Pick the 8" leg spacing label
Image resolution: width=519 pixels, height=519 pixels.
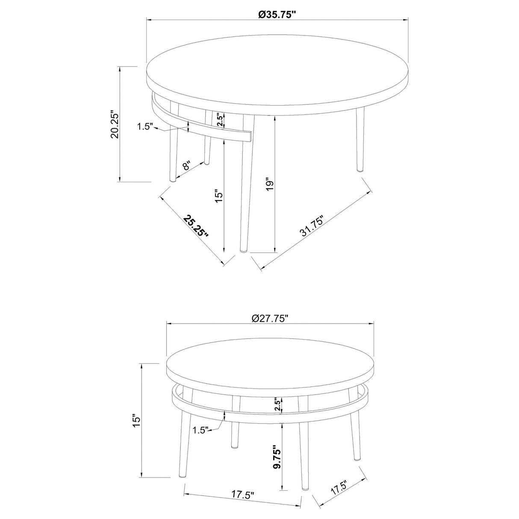pyautogui.click(x=187, y=165)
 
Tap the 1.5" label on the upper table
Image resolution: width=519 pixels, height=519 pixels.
pyautogui.click(x=145, y=127)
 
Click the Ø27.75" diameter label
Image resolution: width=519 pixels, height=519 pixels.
pyautogui.click(x=270, y=318)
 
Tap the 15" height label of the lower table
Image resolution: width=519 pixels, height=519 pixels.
pyautogui.click(x=136, y=421)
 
